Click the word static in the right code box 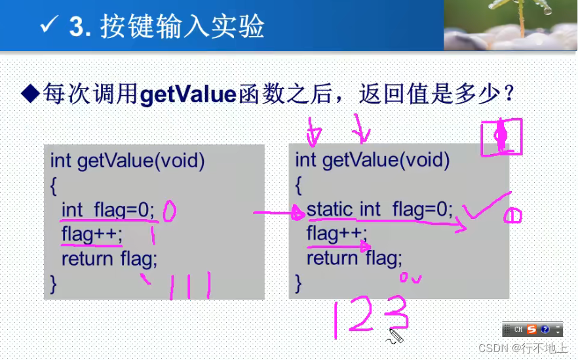point(330,210)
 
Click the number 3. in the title point(80,27)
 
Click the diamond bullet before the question point(30,94)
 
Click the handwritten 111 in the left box point(189,286)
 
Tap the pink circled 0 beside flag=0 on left point(169,210)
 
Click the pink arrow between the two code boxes point(275,212)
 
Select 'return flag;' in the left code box point(109,260)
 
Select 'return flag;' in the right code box point(354,258)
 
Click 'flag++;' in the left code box point(92,234)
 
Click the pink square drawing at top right point(501,137)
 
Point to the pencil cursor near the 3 point(396,336)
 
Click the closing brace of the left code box point(54,283)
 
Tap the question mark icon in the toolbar point(544,329)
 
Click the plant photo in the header point(510,25)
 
